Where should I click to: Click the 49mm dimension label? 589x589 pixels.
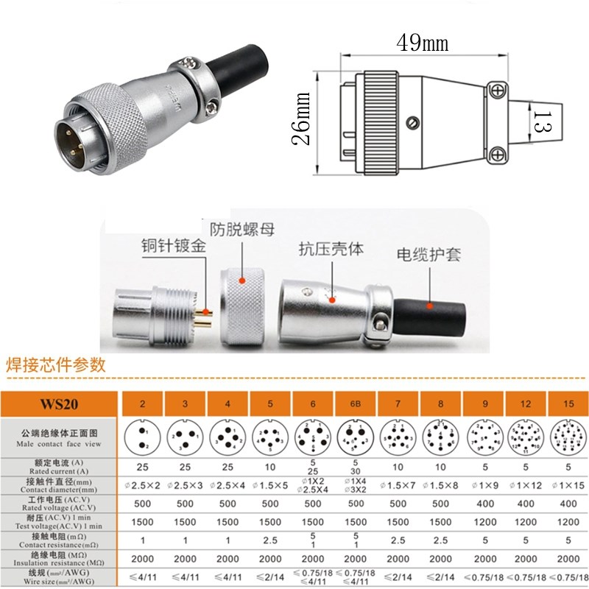click(422, 43)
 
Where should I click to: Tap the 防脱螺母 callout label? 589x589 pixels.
click(241, 229)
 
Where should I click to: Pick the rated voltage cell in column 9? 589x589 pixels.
click(482, 504)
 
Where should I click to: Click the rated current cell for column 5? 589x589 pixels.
click(272, 467)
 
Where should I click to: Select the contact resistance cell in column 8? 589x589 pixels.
click(440, 539)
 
